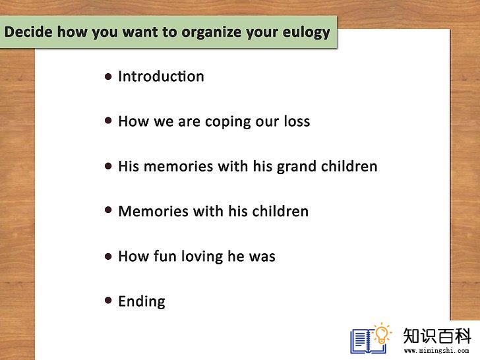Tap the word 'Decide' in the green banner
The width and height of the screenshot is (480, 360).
pyautogui.click(x=28, y=32)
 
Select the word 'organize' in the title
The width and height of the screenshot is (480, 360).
pyautogui.click(x=212, y=33)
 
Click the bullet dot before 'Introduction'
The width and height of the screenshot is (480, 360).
pyautogui.click(x=108, y=76)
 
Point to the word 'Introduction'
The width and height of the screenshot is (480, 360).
pyautogui.click(x=161, y=76)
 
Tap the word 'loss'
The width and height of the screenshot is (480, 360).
pyautogui.click(x=297, y=121)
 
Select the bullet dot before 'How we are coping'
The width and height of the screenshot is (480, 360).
pyautogui.click(x=108, y=121)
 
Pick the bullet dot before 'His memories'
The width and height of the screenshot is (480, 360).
pyautogui.click(x=108, y=166)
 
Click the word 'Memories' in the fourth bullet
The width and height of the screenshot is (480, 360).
pyautogui.click(x=154, y=211)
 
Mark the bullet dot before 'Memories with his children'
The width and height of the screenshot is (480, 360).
pyautogui.click(x=108, y=210)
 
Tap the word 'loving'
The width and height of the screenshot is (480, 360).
pyautogui.click(x=202, y=256)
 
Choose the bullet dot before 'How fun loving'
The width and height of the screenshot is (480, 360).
pyautogui.click(x=108, y=256)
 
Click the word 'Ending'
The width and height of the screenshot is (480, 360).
pyautogui.click(x=142, y=301)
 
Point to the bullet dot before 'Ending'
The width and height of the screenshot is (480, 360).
pyautogui.click(x=108, y=300)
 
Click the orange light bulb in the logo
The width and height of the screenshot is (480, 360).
pyautogui.click(x=381, y=334)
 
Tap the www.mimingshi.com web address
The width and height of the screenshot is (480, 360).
pyautogui.click(x=436, y=351)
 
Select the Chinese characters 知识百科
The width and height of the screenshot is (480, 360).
pyautogui.click(x=437, y=336)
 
